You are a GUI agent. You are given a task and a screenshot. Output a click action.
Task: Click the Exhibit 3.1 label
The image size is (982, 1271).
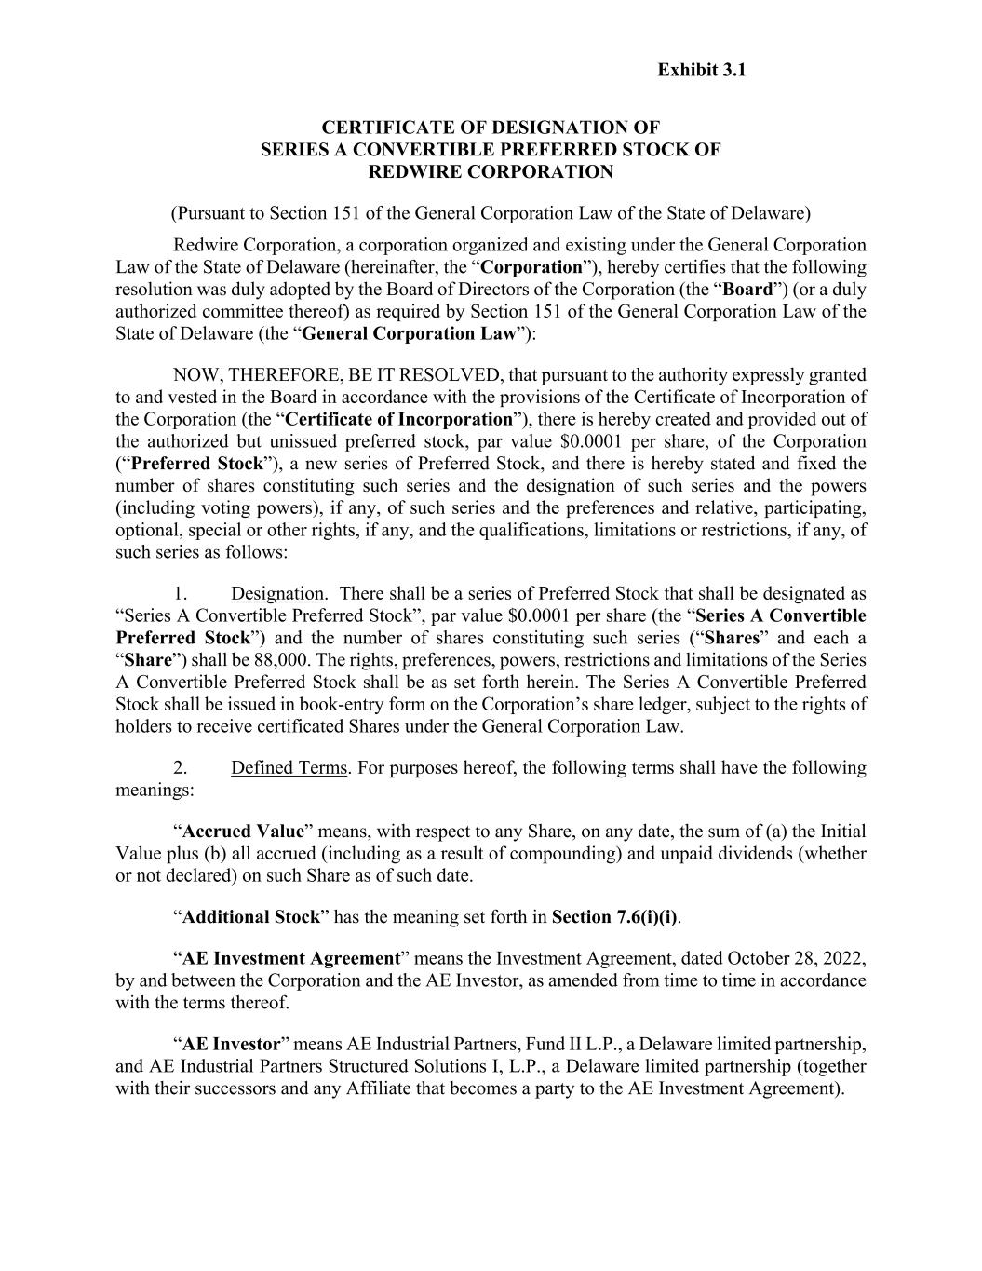pyautogui.click(x=701, y=70)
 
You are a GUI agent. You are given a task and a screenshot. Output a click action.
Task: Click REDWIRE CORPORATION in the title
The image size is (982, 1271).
pyautogui.click(x=491, y=171)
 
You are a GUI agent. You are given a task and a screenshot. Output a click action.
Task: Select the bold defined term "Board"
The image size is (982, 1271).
pyautogui.click(x=748, y=290)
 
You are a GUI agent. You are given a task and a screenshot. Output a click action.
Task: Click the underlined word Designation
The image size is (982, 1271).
pyautogui.click(x=277, y=593)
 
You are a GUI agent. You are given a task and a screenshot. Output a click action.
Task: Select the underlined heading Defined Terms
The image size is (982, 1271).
pyautogui.click(x=289, y=768)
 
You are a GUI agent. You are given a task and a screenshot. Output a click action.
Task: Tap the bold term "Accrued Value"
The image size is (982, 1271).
pyautogui.click(x=244, y=832)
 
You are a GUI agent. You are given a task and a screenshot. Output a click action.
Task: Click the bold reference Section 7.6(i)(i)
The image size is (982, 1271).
pyautogui.click(x=614, y=917)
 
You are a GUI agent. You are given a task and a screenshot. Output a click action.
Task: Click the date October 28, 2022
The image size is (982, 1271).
pyautogui.click(x=797, y=958)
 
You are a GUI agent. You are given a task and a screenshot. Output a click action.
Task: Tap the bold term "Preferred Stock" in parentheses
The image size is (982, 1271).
pyautogui.click(x=198, y=464)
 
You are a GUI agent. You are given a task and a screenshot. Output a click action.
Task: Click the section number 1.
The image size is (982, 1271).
pyautogui.click(x=182, y=593)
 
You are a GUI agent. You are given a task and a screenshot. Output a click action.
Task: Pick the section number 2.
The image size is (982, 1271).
pyautogui.click(x=182, y=768)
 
